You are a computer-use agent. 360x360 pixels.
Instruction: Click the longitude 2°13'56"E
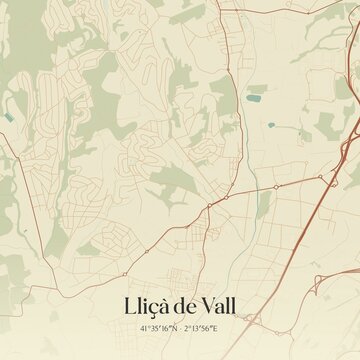click(x=203, y=327)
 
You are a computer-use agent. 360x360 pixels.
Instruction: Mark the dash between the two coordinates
click(x=181, y=327)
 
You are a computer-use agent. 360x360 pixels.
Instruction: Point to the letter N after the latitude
click(x=174, y=327)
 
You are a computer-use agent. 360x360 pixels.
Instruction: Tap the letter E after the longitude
click(x=217, y=327)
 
